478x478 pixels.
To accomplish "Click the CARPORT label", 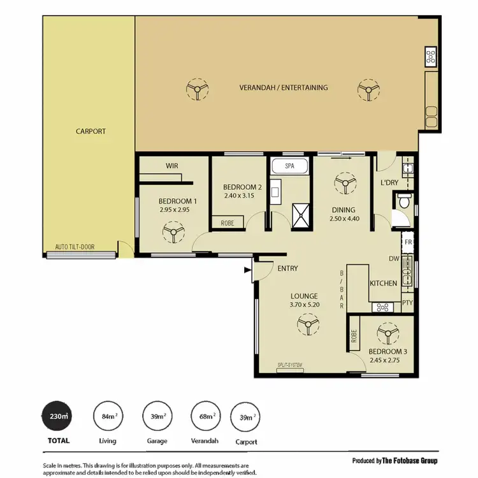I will click(x=91, y=131).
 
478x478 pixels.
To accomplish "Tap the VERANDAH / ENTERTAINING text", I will click(x=283, y=87).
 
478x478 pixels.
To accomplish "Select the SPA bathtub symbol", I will click(x=289, y=166).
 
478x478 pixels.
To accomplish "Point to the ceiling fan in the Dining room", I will click(x=345, y=185).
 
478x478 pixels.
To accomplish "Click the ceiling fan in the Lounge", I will click(x=308, y=326).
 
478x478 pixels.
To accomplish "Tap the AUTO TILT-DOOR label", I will click(x=76, y=247).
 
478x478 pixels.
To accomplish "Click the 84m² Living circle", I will click(x=108, y=417).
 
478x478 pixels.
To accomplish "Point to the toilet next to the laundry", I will click(x=403, y=203).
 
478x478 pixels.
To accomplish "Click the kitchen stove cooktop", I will click(x=384, y=307).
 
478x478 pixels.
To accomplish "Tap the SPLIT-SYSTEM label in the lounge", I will click(x=289, y=366).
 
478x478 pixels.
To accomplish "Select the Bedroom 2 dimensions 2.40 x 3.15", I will click(x=239, y=196).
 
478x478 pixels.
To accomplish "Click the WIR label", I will click(x=172, y=166).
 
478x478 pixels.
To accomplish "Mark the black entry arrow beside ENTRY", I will click(x=247, y=270).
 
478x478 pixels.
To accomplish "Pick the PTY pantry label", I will click(x=407, y=303).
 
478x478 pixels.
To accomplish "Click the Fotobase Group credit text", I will click(x=395, y=461).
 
